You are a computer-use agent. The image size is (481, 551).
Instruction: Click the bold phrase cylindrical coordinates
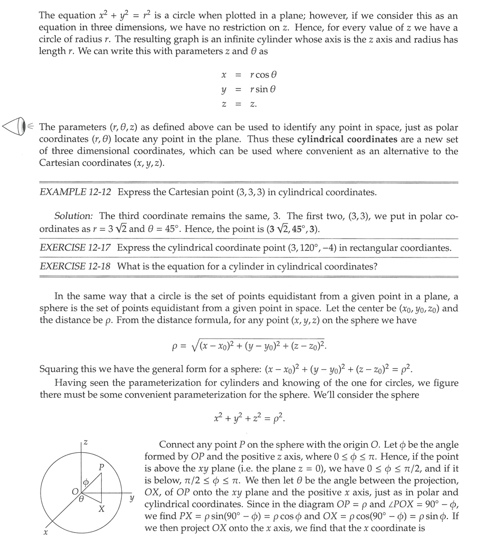click(347, 139)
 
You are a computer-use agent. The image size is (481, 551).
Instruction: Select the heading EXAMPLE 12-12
click(76, 192)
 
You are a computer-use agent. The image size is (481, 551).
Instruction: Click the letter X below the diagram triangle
click(101, 509)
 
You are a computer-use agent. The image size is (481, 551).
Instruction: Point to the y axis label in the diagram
click(132, 498)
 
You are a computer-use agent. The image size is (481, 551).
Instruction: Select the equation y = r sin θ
click(249, 90)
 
